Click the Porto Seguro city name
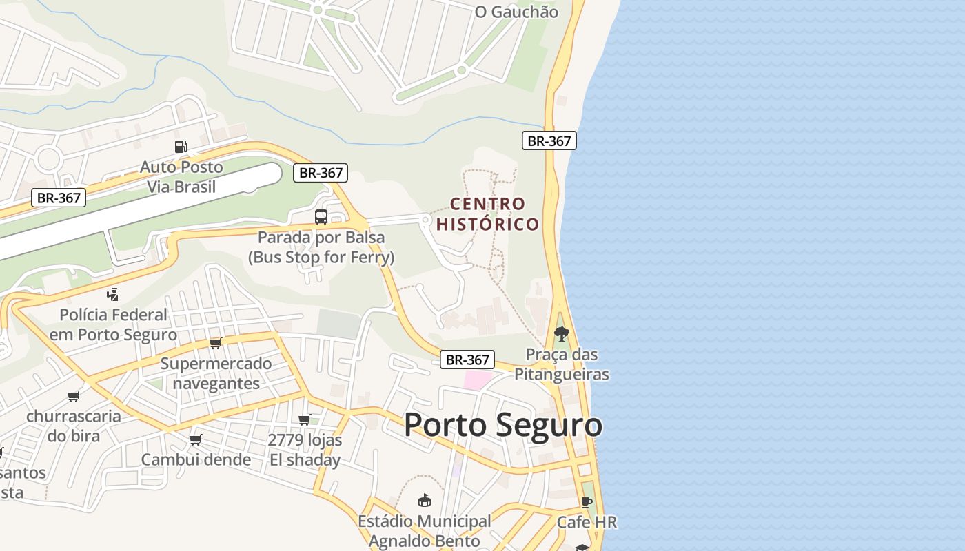coord(502,425)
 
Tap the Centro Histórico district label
coord(487,214)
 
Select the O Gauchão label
coord(516,12)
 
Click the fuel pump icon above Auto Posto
coord(181,146)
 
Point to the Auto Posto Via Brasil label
coord(181,177)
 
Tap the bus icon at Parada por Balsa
coord(321,217)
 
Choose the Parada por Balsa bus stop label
coord(321,247)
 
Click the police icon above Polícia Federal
coord(112,295)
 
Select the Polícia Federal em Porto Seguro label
coord(113,324)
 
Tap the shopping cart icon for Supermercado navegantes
coord(215,343)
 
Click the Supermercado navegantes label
coord(216,373)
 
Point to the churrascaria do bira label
coord(74,426)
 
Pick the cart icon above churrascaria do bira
coord(73,396)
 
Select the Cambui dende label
coord(196,459)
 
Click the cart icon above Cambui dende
coord(195,439)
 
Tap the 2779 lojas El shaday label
coord(305,450)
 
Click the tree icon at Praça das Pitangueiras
coord(562,334)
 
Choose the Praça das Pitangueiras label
coord(562,364)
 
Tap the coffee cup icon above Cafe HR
coord(587,502)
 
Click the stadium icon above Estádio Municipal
coord(424,501)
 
